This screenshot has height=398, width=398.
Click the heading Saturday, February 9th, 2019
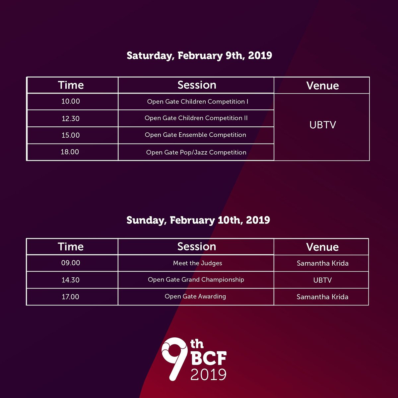[x=199, y=55]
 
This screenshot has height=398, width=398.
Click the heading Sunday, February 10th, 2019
[x=198, y=220]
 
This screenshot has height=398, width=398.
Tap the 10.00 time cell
[x=71, y=101]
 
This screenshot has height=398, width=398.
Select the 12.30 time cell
[x=71, y=118]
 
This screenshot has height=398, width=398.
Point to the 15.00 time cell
[x=71, y=135]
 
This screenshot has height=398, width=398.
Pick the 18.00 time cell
[x=70, y=152]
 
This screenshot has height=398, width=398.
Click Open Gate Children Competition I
[x=197, y=102]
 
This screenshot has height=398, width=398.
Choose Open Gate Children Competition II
[x=196, y=118]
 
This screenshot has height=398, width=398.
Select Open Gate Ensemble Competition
[x=195, y=135]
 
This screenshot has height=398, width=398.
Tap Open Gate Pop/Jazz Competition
[x=196, y=153]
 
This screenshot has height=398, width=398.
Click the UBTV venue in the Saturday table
[x=322, y=125]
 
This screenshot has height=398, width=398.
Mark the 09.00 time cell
[x=71, y=263]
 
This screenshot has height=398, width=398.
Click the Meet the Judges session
[x=197, y=263]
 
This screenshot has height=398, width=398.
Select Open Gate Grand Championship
[x=196, y=280]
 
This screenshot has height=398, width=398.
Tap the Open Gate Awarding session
[x=195, y=297]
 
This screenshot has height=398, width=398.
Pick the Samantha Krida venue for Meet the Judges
[x=322, y=263]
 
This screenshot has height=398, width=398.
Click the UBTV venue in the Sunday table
[x=322, y=280]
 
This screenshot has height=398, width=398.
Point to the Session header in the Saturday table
[x=197, y=85]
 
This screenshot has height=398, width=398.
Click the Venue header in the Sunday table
[x=322, y=247]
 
